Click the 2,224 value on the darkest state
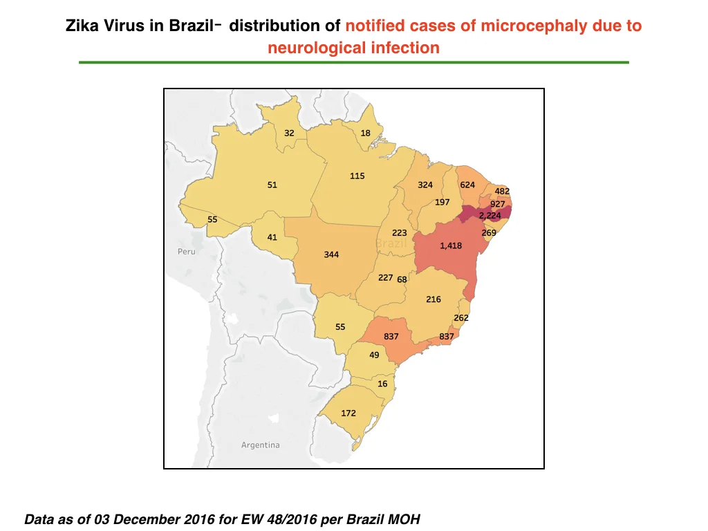pos(490,216)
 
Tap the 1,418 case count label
pos(451,245)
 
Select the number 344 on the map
pos(331,254)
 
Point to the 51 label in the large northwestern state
pos(272,185)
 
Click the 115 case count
pos(357,176)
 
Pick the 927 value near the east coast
pos(498,204)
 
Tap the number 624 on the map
pos(467,185)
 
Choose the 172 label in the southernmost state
pos(348,413)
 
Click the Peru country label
pos(187,252)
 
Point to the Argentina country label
pos(261,445)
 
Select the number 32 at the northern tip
pos(289,133)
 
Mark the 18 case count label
pos(365,133)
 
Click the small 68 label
pos(402,279)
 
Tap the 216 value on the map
pos(434,299)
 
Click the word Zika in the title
pos(83,26)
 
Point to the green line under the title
pos(354,62)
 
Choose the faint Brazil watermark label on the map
pos(391,244)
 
